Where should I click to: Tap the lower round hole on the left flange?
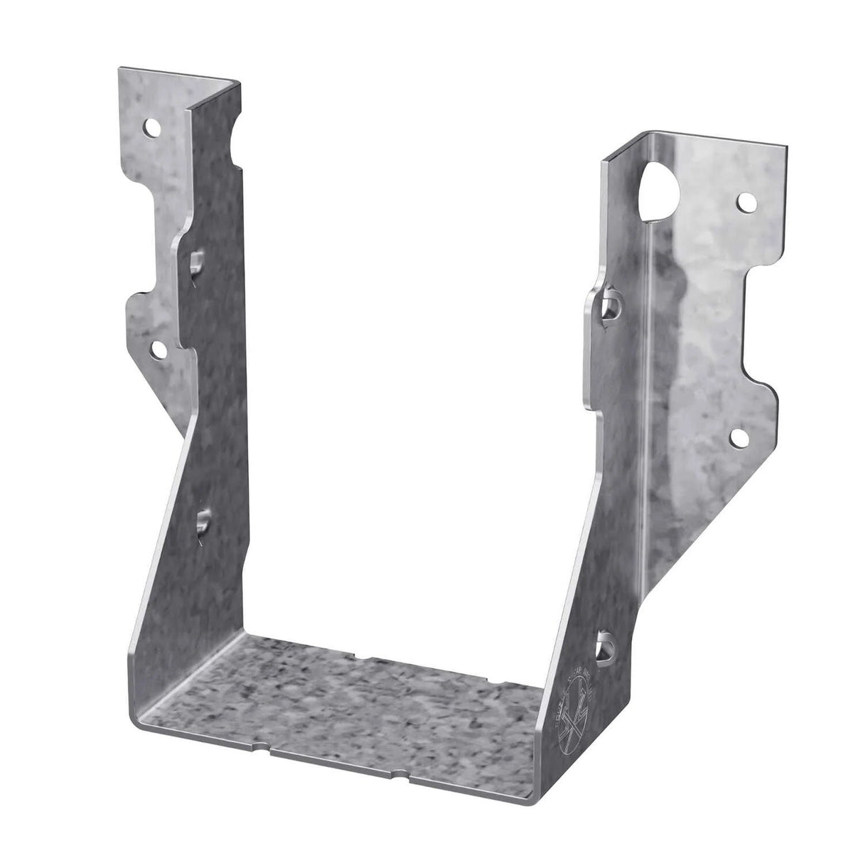pyautogui.click(x=158, y=348)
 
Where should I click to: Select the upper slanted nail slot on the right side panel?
pyautogui.click(x=609, y=306)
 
